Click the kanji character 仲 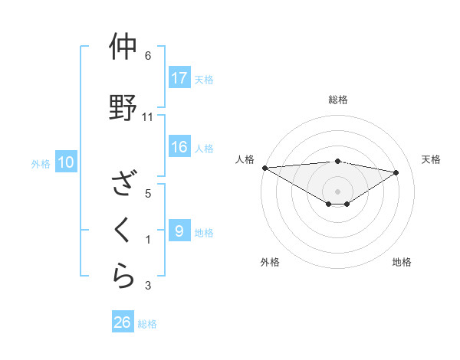[123, 47]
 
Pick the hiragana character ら [123, 274]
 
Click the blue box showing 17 [179, 78]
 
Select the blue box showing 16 [179, 148]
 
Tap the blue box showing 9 [179, 231]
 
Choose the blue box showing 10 [65, 162]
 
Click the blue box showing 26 [123, 322]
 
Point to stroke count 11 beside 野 [148, 117]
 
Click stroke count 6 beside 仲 [148, 56]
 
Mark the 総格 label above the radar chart [338, 100]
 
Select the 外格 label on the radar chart [270, 262]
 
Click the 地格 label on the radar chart [402, 262]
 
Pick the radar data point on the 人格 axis [264, 167]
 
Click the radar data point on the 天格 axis [396, 172]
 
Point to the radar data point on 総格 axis [337, 161]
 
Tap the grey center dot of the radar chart [337, 191]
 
